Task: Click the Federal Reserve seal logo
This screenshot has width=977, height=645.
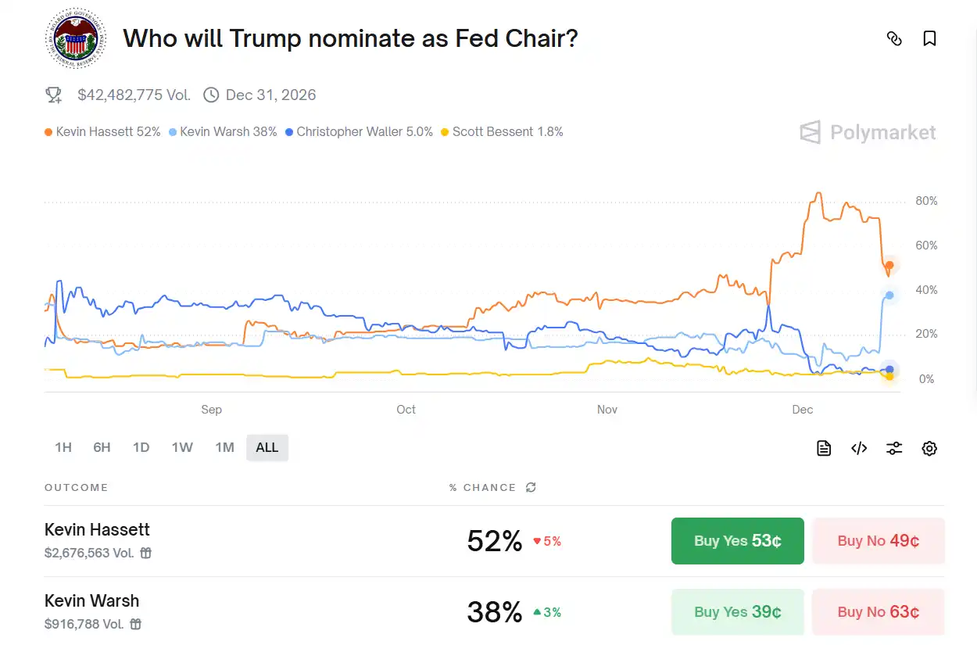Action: point(72,38)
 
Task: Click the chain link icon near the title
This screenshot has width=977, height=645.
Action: point(894,38)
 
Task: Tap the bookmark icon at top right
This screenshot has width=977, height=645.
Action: point(929,38)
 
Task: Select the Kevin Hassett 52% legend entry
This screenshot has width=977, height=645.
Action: point(102,132)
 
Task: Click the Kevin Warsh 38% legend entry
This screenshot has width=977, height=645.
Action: point(223,132)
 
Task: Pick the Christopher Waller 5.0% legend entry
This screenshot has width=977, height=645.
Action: point(359,132)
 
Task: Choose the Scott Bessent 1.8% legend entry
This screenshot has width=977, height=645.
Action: point(502,132)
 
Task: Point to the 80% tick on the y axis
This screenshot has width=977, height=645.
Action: point(926,201)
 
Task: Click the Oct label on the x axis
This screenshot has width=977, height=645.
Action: point(406,410)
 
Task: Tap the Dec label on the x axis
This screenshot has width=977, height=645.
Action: point(803,410)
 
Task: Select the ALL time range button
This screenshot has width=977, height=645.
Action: point(267,448)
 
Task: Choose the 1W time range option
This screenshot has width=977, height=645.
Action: point(182,448)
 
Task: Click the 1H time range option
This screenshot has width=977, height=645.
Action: point(63,448)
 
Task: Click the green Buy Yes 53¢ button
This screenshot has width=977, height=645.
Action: point(737,541)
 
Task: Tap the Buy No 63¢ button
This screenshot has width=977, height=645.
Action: point(878,612)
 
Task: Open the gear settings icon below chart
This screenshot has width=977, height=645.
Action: point(929,448)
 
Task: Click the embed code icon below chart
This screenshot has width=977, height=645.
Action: point(859,448)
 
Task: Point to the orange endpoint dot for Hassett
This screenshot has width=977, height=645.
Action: point(889,266)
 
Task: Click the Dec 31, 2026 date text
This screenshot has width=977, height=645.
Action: point(270,95)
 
